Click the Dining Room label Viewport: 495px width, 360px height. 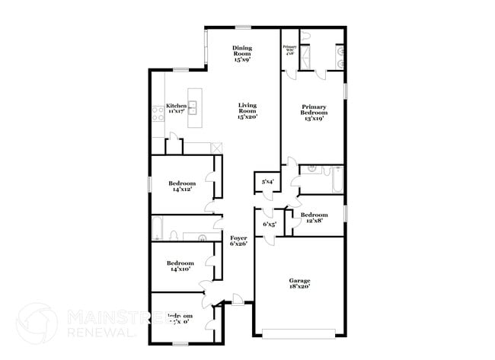(x=242, y=52)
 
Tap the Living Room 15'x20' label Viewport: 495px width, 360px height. (x=247, y=111)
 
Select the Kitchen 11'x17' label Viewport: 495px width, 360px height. (x=176, y=108)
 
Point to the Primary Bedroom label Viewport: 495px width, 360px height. (x=313, y=111)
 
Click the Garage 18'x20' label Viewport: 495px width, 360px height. (x=299, y=284)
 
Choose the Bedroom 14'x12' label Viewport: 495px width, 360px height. (x=182, y=186)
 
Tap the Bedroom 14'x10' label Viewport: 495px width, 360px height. (x=182, y=266)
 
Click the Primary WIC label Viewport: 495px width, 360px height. (x=289, y=50)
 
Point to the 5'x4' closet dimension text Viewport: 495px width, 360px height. (x=267, y=182)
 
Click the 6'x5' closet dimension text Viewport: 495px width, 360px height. (x=269, y=225)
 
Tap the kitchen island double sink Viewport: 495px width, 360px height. (x=193, y=107)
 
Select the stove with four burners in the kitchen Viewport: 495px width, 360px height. (x=157, y=113)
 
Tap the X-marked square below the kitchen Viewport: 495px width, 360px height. (x=216, y=147)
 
